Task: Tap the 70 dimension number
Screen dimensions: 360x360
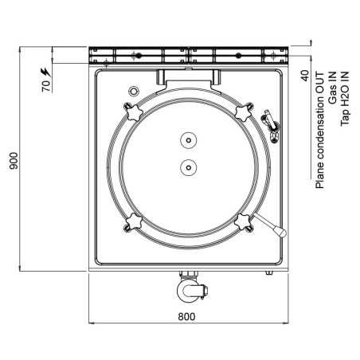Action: click(45, 86)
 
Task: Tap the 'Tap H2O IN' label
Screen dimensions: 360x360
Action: click(345, 93)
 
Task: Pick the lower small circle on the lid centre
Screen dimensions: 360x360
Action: click(188, 167)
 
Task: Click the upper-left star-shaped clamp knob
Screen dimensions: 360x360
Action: click(131, 109)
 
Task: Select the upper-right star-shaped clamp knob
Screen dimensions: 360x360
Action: click(245, 109)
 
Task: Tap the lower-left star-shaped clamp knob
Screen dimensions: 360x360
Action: click(131, 221)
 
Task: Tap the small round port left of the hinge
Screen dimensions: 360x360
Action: click(134, 88)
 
